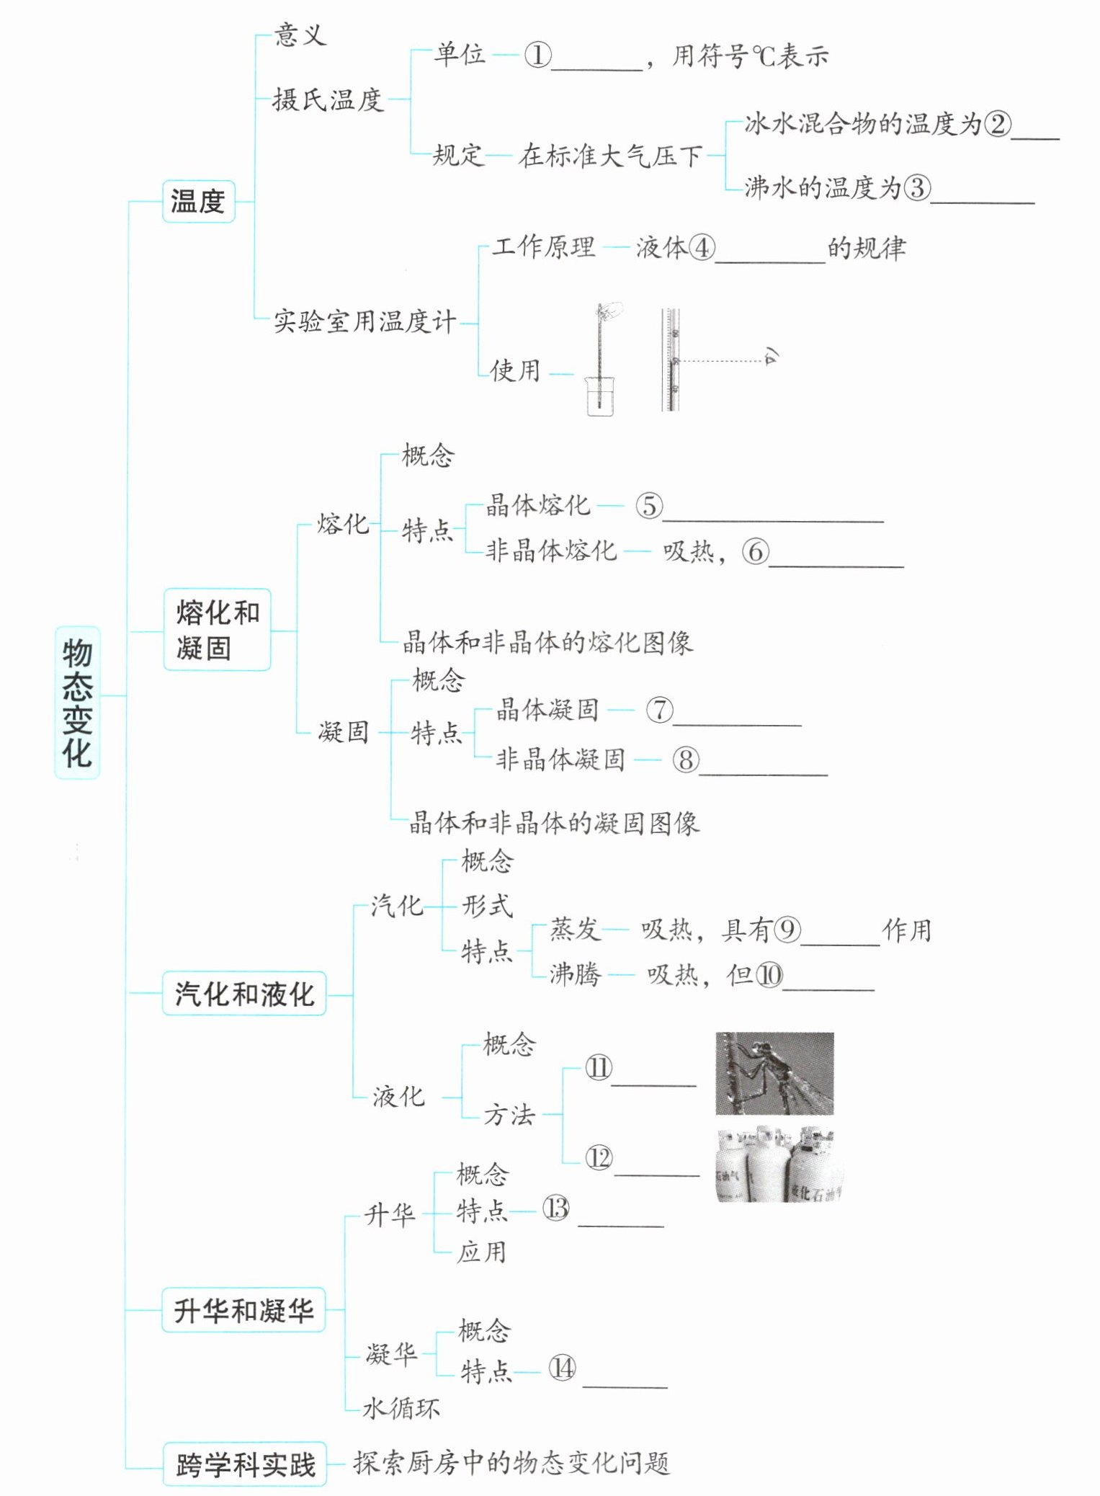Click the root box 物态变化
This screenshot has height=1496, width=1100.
click(77, 702)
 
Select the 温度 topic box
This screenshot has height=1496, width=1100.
click(198, 201)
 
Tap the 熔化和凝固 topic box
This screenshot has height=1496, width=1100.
click(217, 630)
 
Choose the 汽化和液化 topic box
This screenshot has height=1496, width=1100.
click(244, 994)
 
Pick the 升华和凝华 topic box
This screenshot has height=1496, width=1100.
click(243, 1310)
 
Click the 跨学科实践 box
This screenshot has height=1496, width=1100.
click(245, 1464)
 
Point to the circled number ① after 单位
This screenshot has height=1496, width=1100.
click(537, 55)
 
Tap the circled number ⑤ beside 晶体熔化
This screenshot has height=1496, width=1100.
click(648, 506)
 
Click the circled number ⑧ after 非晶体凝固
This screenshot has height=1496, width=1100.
click(685, 760)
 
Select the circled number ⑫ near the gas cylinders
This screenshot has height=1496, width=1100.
click(599, 1158)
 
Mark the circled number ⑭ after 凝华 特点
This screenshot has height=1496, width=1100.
click(562, 1368)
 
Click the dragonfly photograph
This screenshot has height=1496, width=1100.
click(774, 1074)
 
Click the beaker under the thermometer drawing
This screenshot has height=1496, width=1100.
click(599, 396)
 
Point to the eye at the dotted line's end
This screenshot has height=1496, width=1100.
click(772, 355)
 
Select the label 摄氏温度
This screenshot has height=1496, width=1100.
click(327, 99)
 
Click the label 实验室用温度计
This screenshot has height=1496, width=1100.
click(365, 321)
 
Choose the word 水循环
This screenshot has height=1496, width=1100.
click(401, 1407)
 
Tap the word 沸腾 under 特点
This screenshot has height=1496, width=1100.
click(575, 974)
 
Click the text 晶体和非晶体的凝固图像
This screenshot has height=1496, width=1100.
click(554, 822)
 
